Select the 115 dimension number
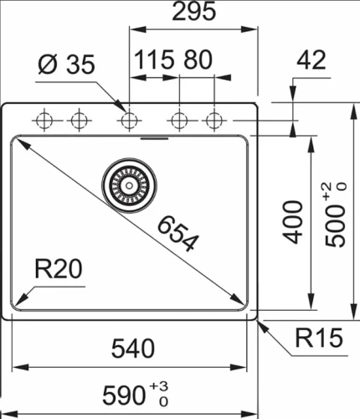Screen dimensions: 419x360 pyautogui.click(x=154, y=60)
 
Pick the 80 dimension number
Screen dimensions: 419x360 pyautogui.click(x=196, y=60)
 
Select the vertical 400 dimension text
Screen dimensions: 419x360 pyautogui.click(x=292, y=221)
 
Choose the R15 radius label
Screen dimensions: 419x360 pyautogui.click(x=319, y=339)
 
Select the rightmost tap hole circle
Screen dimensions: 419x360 pyautogui.click(x=215, y=120)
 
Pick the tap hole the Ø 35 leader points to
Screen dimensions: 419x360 pyautogui.click(x=128, y=121)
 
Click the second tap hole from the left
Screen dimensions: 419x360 pyautogui.click(x=77, y=120)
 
